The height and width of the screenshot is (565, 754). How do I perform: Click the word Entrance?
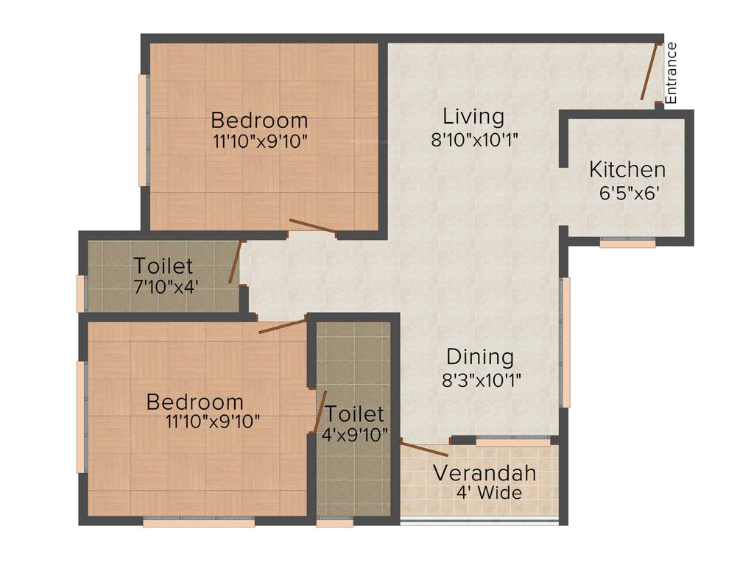pyautogui.click(x=671, y=72)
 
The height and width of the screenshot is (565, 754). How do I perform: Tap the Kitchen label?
pyautogui.click(x=627, y=169)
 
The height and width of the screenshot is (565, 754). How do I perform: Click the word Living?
pyautogui.click(x=473, y=116)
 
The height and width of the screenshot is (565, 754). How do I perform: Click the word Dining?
pyautogui.click(x=480, y=358)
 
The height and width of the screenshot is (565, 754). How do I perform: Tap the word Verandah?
pyautogui.click(x=485, y=472)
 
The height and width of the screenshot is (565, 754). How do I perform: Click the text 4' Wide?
pyautogui.click(x=489, y=493)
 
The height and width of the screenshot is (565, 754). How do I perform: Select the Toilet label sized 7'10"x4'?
pyautogui.click(x=163, y=266)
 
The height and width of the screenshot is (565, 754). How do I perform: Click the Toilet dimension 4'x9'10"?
pyautogui.click(x=355, y=435)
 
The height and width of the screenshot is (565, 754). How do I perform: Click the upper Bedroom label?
pyautogui.click(x=259, y=119)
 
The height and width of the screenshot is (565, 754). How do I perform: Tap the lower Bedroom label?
pyautogui.click(x=194, y=402)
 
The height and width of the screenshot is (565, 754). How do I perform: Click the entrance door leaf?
pyautogui.click(x=649, y=71)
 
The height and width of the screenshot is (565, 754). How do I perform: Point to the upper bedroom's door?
pyautogui.click(x=313, y=227)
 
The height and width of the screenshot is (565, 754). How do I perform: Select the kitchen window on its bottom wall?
pyautogui.click(x=627, y=242)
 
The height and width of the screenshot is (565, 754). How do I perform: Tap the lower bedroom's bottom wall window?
pyautogui.click(x=199, y=522)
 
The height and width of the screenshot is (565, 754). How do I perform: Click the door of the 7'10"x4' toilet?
pyautogui.click(x=235, y=263)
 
